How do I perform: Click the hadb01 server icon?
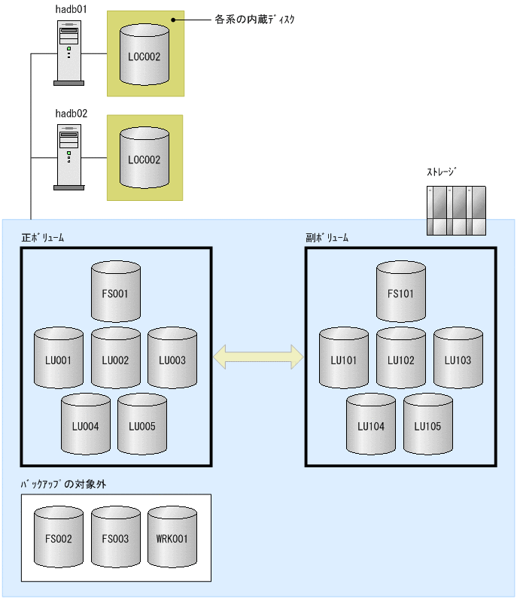point(69,53)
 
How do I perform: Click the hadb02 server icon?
point(69,155)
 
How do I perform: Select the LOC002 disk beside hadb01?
point(144,54)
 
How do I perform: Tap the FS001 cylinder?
point(115,292)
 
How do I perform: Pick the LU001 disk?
point(58,358)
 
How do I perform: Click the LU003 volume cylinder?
point(172,358)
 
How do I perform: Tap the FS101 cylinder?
point(400,292)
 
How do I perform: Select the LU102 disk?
point(400,358)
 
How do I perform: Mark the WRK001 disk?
point(172,537)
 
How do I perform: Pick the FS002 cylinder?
point(58,537)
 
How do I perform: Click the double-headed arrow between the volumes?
point(258,357)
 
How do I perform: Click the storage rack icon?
point(458,211)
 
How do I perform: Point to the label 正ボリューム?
point(43,237)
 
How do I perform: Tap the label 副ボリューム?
point(327,237)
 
